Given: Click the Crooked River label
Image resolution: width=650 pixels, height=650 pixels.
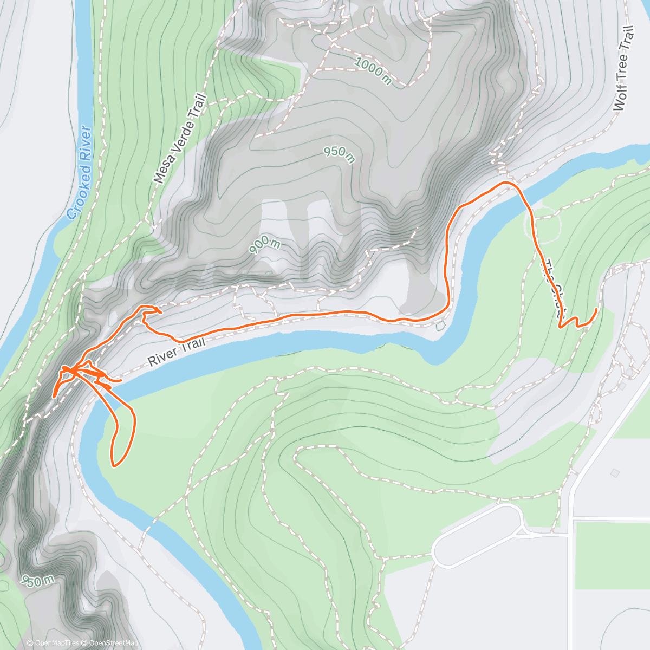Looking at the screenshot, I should pos(79,172).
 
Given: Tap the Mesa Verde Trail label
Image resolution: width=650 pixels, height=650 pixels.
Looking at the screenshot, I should pos(180,139).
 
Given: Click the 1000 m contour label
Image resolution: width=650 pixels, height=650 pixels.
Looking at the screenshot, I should pos(373,71).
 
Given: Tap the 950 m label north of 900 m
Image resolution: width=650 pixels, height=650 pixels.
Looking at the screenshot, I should pos(340,154).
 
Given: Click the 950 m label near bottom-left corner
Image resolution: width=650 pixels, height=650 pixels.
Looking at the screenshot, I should pos(38,581).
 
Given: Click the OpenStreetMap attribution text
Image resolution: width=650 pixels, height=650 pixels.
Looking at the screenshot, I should pos(114,643).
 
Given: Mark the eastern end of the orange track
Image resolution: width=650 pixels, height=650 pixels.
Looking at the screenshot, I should pos(596,309).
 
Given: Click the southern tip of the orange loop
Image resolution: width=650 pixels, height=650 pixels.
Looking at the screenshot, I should pos(114,465).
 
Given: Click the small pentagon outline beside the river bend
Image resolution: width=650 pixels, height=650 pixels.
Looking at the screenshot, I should pos(440,326).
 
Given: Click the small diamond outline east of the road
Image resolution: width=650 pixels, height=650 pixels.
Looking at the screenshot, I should pos(614,473).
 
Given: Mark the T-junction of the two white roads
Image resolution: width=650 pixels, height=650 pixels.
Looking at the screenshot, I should pos(573,519).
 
